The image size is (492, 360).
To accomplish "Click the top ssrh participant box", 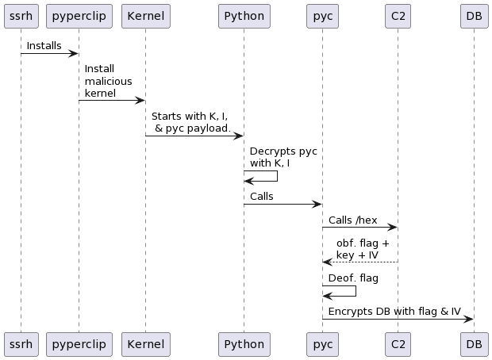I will (x=21, y=16).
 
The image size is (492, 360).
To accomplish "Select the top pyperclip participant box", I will (x=79, y=16).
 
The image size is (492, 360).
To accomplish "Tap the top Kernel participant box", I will (x=145, y=16).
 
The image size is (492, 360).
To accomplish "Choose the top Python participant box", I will (x=244, y=16).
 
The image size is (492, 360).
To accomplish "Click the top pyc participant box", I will (x=322, y=16).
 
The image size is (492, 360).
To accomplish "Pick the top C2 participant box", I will (x=398, y=16).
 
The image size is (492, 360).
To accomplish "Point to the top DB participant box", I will (x=474, y=16).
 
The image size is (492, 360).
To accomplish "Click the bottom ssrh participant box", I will (x=21, y=344).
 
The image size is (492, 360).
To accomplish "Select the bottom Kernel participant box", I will (x=145, y=344).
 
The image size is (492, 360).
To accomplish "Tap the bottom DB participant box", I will (x=474, y=344).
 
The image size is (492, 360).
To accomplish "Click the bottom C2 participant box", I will (x=398, y=344).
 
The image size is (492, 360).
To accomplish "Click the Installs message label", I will (x=44, y=46).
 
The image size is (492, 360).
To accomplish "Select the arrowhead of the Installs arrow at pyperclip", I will (x=74, y=54).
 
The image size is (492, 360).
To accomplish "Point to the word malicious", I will (x=108, y=81).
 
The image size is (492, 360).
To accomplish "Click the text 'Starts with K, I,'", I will (x=190, y=116).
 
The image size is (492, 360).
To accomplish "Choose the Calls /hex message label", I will (x=352, y=220).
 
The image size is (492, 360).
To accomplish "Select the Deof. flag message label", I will (x=353, y=278).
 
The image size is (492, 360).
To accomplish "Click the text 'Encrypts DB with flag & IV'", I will (x=394, y=311).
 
